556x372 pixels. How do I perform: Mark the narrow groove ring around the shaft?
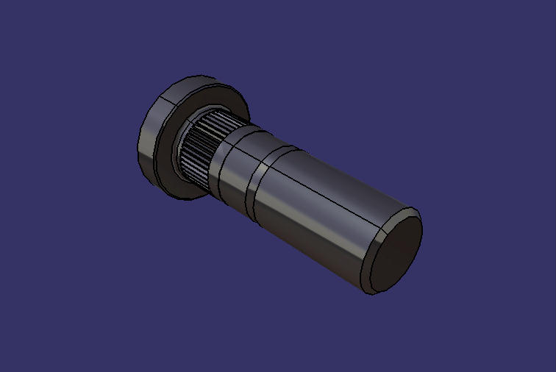[x=257, y=184]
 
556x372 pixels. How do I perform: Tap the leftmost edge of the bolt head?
[x=138, y=147]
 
